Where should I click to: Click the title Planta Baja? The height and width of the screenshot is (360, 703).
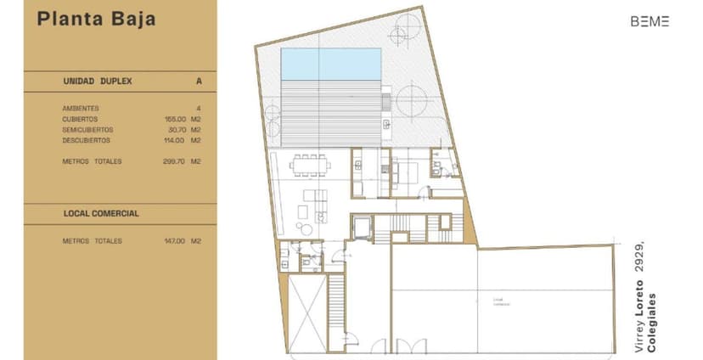tap(96, 20)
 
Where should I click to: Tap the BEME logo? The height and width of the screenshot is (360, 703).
tap(650, 22)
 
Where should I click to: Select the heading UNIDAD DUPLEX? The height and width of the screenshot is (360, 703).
tap(98, 82)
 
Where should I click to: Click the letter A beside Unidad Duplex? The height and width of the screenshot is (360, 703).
tap(198, 82)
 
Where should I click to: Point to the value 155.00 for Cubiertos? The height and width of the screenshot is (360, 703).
tap(175, 119)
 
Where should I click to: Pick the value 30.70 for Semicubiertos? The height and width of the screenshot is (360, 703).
tap(176, 130)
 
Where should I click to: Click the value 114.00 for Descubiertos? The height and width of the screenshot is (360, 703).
tap(175, 140)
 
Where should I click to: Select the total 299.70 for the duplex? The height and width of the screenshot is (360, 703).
tap(175, 160)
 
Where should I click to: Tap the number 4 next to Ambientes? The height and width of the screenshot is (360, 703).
tap(198, 109)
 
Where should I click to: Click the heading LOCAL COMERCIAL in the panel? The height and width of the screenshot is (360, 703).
tap(101, 213)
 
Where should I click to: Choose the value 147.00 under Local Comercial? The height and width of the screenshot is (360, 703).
tap(175, 241)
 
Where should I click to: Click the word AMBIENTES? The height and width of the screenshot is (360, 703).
tap(81, 109)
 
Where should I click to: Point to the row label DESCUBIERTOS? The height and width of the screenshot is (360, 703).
tap(87, 140)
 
